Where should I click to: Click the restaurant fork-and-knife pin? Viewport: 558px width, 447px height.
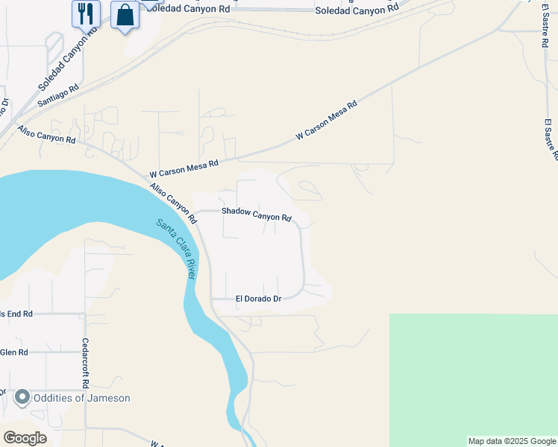86,13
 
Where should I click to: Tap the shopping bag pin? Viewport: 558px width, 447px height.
125,15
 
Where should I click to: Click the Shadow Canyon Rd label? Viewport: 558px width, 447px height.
256,215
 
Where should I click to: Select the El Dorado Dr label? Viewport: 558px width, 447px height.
258,299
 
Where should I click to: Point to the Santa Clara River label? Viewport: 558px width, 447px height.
176,249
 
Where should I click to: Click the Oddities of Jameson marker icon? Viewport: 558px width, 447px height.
22,398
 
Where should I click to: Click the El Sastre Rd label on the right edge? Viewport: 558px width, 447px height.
551,139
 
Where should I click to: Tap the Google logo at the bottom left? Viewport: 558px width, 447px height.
25,437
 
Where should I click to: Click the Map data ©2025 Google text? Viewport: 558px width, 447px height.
512,441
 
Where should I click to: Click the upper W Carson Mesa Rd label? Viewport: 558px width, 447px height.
327,121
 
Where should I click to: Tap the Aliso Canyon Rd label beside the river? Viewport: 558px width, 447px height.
172,203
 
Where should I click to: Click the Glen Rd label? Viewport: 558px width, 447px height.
14,352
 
